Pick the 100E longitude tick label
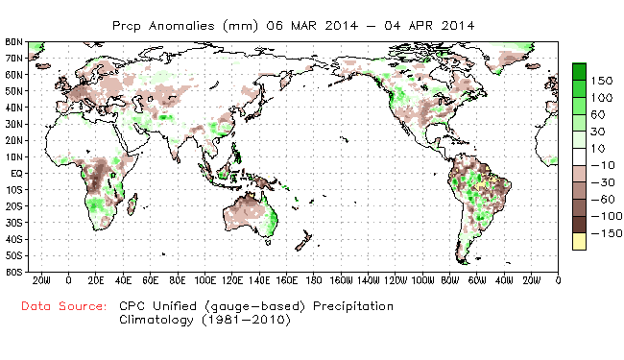pos(204,279)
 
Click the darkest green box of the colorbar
pos(580,73)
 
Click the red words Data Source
pos(65,306)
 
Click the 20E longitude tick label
pos(95,279)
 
